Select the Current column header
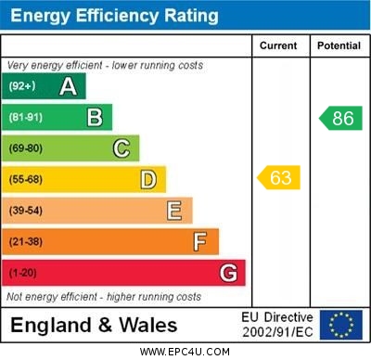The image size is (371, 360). [x=278, y=45]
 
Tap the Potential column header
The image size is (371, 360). [x=339, y=45]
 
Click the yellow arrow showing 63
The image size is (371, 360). [x=279, y=177]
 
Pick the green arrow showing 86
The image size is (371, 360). [x=340, y=118]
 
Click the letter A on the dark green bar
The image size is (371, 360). [x=68, y=86]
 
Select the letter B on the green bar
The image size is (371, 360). [x=95, y=117]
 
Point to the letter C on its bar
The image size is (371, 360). [x=122, y=148]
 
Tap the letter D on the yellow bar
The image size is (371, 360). [x=148, y=179]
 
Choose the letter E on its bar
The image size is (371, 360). [x=174, y=211]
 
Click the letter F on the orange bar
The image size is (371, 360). [x=200, y=242]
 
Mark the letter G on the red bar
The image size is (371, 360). [x=228, y=274]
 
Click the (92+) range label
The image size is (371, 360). [x=22, y=86]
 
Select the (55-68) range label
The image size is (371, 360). [x=26, y=179]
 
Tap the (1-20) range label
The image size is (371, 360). [x=23, y=274]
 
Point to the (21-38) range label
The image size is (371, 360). [x=26, y=242]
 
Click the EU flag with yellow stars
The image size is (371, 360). [x=341, y=325]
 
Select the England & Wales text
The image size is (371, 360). [x=94, y=326]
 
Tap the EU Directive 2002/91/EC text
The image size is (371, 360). [x=277, y=325]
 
